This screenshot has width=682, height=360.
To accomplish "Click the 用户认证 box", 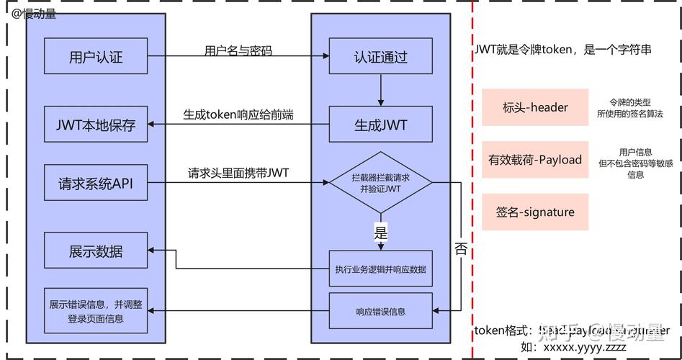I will [x=96, y=57].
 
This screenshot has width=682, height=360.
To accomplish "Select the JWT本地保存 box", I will [x=96, y=124].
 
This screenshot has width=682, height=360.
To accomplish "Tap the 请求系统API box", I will [x=96, y=183].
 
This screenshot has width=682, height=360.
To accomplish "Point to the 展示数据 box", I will [x=96, y=251].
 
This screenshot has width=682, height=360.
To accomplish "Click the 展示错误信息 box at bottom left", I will [x=96, y=311].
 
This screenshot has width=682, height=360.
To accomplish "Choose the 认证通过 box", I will [x=380, y=57].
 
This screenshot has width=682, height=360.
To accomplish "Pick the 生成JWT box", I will [x=380, y=125].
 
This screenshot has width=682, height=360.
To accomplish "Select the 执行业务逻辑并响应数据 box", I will [x=380, y=269].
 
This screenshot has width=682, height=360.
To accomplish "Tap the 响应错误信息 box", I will [x=380, y=311].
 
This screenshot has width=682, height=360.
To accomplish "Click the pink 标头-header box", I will [x=535, y=107].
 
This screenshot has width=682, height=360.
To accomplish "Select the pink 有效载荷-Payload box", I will [x=535, y=160].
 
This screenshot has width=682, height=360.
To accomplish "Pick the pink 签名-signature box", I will [x=535, y=212].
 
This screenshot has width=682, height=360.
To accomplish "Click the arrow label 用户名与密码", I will [x=238, y=51].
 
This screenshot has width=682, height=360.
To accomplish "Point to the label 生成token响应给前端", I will [x=238, y=114].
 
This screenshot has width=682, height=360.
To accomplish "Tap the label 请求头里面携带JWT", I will [x=238, y=173].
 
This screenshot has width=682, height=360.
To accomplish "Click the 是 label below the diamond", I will [x=381, y=233].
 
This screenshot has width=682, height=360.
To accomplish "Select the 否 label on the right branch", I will [x=461, y=249].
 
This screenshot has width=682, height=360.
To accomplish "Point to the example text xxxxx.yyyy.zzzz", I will [x=584, y=347].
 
